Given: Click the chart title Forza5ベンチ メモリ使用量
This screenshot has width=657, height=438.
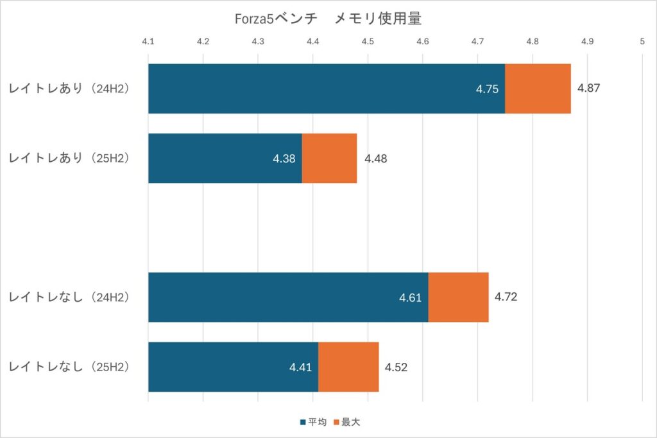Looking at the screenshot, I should pyautogui.click(x=328, y=20).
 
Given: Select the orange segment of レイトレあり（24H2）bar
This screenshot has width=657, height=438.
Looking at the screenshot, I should pyautogui.click(x=538, y=89).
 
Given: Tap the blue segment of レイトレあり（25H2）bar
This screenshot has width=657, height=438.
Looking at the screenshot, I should pyautogui.click(x=225, y=158).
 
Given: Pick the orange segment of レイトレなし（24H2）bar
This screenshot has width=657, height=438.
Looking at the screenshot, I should pyautogui.click(x=458, y=297).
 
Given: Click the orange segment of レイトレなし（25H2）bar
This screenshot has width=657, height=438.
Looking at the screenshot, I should pyautogui.click(x=348, y=367).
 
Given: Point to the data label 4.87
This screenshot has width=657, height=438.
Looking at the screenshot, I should pyautogui.click(x=588, y=89).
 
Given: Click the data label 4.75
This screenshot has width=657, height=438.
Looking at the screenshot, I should pyautogui.click(x=487, y=89).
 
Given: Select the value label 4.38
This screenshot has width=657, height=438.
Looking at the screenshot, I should pyautogui.click(x=284, y=159).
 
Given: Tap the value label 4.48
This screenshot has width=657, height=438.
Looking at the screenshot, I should pyautogui.click(x=375, y=159).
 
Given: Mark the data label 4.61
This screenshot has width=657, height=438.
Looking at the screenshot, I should pyautogui.click(x=410, y=298).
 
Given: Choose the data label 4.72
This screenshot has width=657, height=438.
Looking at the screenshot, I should pyautogui.click(x=506, y=297).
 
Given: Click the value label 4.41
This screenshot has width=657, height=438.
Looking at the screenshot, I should pyautogui.click(x=300, y=367).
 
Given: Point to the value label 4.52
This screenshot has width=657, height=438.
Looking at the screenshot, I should pyautogui.click(x=396, y=367).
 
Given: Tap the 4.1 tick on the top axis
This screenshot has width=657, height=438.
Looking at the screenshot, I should pyautogui.click(x=148, y=41).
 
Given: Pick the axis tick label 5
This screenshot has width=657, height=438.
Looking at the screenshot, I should pyautogui.click(x=642, y=41).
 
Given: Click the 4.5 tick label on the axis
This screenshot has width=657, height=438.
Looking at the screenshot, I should pyautogui.click(x=368, y=41).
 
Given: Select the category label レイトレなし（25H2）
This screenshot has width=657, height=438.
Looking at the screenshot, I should pyautogui.click(x=69, y=367).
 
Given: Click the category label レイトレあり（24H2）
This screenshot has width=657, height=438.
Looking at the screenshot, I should pyautogui.click(x=69, y=89).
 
